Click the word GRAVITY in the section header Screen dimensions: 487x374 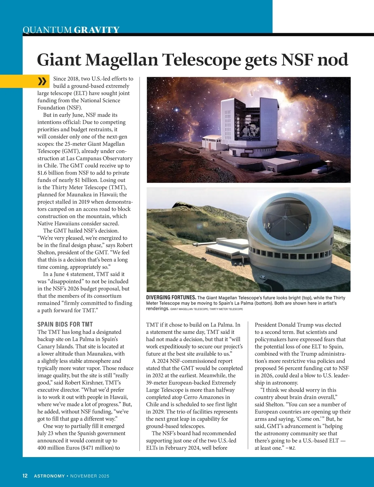pyautogui.click(x=97, y=30)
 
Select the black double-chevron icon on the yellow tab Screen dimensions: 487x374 pyautogui.click(x=42, y=81)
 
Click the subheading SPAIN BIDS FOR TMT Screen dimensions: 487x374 pyautogui.click(x=65, y=324)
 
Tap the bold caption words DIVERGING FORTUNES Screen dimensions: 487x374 pyautogui.click(x=171, y=297)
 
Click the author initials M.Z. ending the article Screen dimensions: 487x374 pyautogui.click(x=292, y=448)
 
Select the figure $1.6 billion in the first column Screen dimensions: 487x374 pyautogui.click(x=52, y=173)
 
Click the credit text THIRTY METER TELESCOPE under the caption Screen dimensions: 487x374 pyautogui.click(x=226, y=309)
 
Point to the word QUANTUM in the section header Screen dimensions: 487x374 pyautogui.click(x=47, y=30)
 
